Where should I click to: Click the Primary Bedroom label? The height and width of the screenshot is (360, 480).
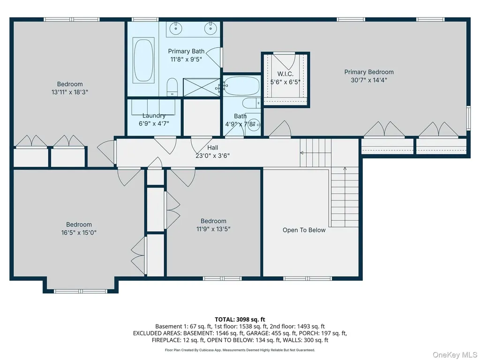click(369, 72)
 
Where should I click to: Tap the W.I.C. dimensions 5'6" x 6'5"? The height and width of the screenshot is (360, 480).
click(285, 82)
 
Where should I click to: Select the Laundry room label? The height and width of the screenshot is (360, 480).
click(154, 116)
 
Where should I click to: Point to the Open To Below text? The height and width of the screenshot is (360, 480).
click(304, 230)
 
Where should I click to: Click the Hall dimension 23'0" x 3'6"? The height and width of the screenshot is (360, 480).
click(213, 156)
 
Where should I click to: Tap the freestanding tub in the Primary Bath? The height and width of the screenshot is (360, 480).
click(143, 60)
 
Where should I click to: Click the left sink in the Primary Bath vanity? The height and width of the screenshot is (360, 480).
click(176, 28)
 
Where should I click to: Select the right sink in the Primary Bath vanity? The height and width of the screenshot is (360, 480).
click(210, 28)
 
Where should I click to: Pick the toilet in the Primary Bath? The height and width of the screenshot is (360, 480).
click(172, 87)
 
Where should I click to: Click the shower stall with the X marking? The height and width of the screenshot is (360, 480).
click(202, 87)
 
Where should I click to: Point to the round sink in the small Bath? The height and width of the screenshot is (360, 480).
click(254, 125)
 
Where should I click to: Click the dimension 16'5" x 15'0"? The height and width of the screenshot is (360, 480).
click(79, 232)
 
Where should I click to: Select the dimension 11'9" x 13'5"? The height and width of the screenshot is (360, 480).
click(213, 229)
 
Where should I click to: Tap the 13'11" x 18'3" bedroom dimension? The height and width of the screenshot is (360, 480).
click(70, 92)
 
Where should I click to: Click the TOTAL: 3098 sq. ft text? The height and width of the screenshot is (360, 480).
click(240, 320)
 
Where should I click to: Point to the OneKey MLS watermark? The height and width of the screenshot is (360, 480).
click(454, 354)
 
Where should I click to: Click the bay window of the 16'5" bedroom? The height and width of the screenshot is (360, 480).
click(81, 291)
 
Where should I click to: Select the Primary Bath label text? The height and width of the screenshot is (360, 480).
click(186, 51)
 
